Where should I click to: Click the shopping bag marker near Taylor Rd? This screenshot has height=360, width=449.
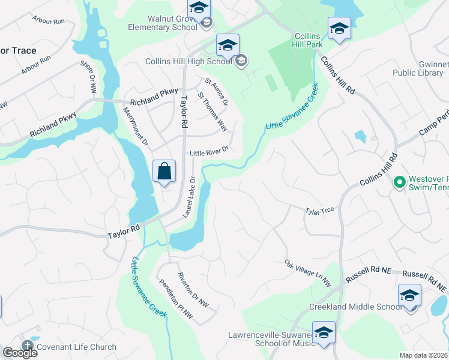(164, 172)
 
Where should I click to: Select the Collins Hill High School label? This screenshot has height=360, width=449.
(188, 61)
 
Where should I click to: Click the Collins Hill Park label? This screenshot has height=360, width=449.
(308, 40)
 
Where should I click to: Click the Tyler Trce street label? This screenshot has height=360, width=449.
(319, 210)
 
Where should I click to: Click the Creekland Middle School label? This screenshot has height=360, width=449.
(355, 307)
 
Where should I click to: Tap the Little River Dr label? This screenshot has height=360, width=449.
(209, 153)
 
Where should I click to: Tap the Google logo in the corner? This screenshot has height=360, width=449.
(20, 352)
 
